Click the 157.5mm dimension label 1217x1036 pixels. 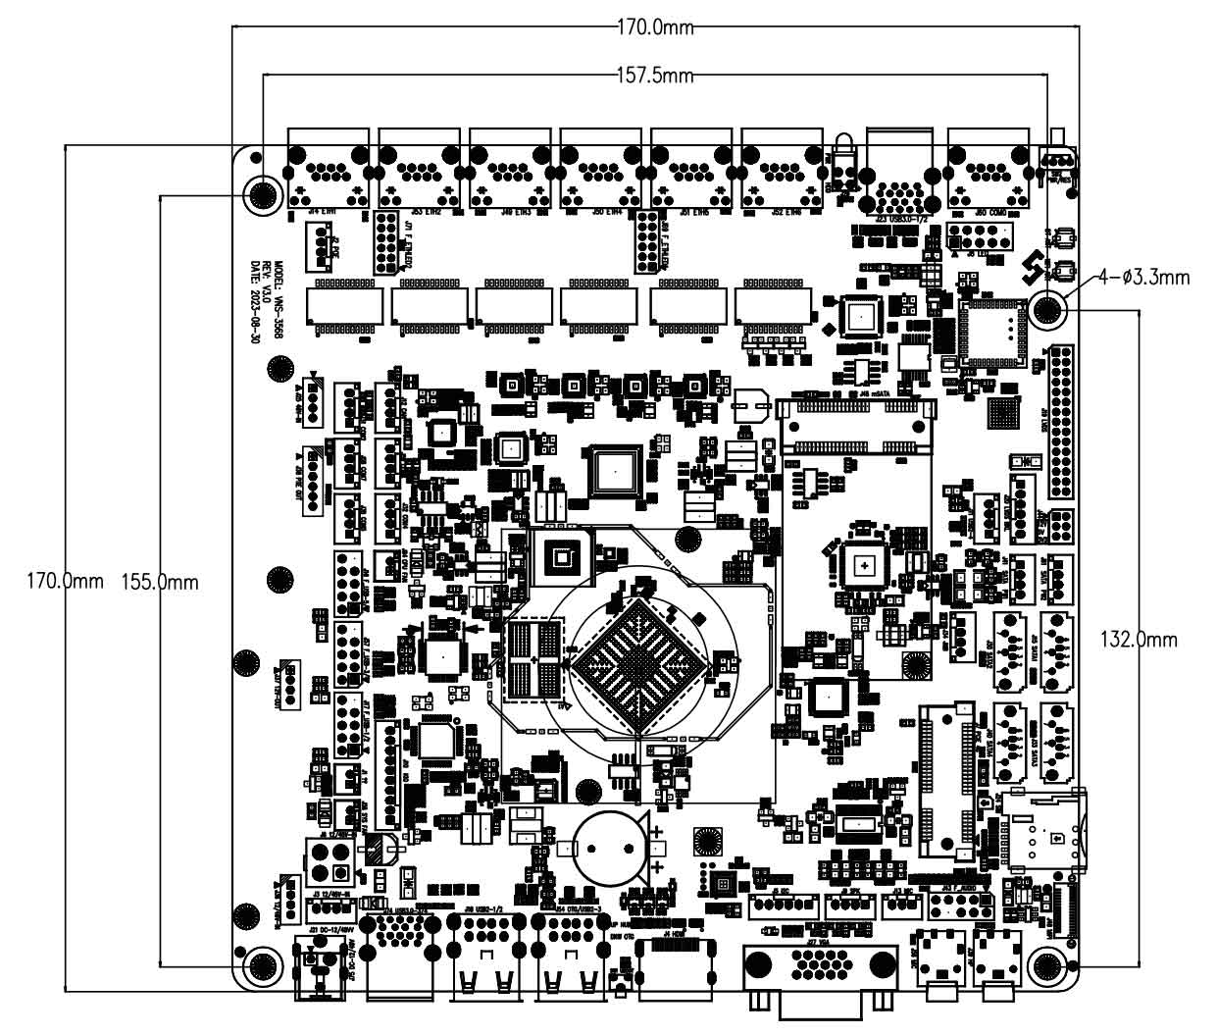click(654, 76)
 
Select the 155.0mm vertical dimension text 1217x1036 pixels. click(159, 582)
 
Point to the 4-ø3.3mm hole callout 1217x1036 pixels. click(1143, 278)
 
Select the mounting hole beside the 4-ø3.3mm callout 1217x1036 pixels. click(1048, 310)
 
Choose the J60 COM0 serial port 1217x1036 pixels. click(988, 170)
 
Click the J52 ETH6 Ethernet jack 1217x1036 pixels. click(783, 169)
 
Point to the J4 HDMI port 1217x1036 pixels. click(676, 965)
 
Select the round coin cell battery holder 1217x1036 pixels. click(610, 847)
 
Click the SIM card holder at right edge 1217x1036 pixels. click(1045, 832)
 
